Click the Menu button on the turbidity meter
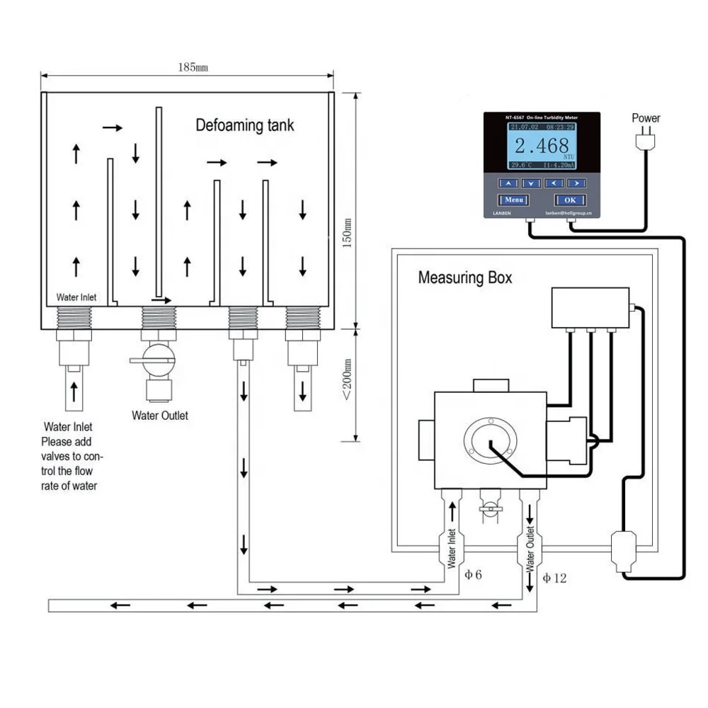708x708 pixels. (514, 200)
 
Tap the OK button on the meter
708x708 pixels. (570, 200)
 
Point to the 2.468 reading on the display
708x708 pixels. (541, 146)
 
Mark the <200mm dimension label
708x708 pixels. (347, 382)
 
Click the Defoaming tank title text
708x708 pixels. (244, 126)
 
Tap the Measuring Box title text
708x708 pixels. (464, 278)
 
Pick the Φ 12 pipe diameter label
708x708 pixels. (554, 578)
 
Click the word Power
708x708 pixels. (646, 118)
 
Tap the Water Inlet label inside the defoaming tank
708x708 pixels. (76, 297)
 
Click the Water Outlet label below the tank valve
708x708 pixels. (160, 416)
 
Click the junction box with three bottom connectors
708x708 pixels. (590, 307)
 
